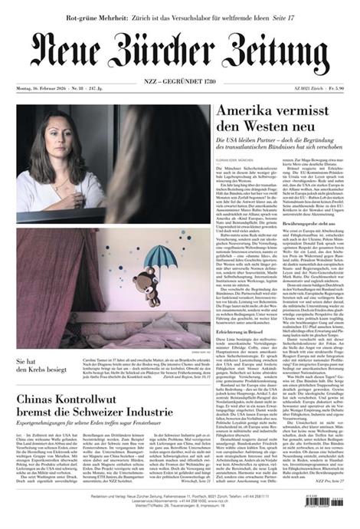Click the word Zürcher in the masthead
pos(177,52)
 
